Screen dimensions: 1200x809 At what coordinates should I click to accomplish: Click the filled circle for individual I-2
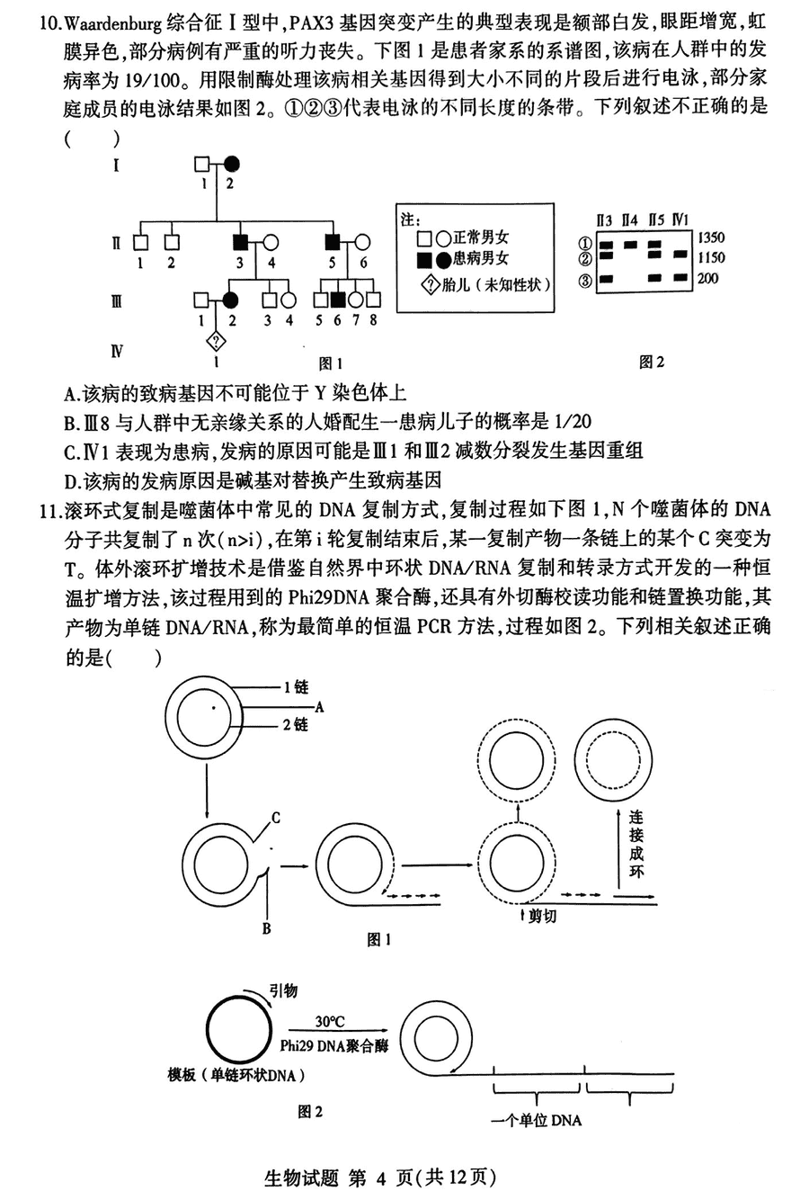point(232,165)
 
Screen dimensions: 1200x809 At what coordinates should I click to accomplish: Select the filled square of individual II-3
point(240,241)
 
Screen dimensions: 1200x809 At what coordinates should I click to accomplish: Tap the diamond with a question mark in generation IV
point(216,340)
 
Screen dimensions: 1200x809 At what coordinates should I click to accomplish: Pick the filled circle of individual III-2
point(231,300)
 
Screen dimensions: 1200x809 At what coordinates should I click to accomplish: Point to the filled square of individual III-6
point(338,300)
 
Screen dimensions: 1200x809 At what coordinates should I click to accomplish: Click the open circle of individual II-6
point(363,241)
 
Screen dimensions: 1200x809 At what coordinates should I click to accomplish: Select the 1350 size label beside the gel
point(709,238)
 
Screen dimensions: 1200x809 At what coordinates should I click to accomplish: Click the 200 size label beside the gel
point(707,278)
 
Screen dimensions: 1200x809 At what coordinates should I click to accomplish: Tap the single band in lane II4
point(630,244)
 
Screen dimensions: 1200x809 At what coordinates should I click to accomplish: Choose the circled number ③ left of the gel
point(585,281)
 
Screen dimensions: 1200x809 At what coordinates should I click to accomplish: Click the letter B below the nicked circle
point(266,928)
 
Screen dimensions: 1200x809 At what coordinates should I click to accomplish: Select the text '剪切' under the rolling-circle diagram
point(542,917)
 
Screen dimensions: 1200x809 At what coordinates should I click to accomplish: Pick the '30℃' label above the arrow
point(330,1022)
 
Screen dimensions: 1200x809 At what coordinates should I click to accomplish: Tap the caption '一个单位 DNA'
point(536,1121)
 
